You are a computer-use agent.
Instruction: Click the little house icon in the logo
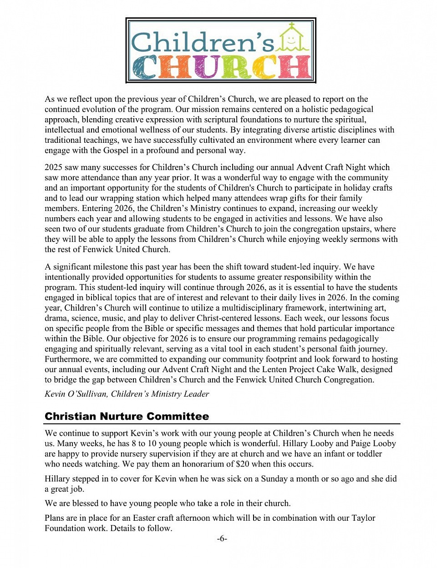293,39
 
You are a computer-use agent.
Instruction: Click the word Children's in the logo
203,42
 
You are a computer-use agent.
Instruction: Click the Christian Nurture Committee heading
127,416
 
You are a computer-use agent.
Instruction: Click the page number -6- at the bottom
222,539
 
